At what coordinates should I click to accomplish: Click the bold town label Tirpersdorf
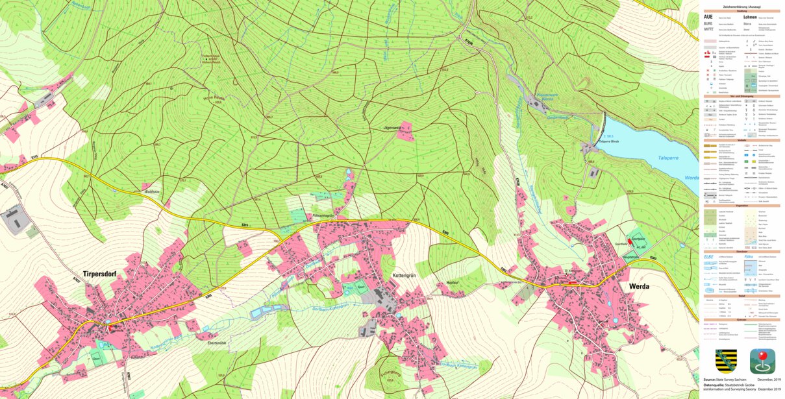(x=99, y=273)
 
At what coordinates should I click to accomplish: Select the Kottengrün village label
(x=406, y=276)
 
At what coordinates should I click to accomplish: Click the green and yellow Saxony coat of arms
(x=726, y=360)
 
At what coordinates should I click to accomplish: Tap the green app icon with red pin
(x=762, y=360)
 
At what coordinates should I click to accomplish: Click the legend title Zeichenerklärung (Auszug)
(x=741, y=6)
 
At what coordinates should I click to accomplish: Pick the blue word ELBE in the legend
(x=709, y=256)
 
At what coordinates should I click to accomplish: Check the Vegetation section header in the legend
(x=741, y=206)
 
